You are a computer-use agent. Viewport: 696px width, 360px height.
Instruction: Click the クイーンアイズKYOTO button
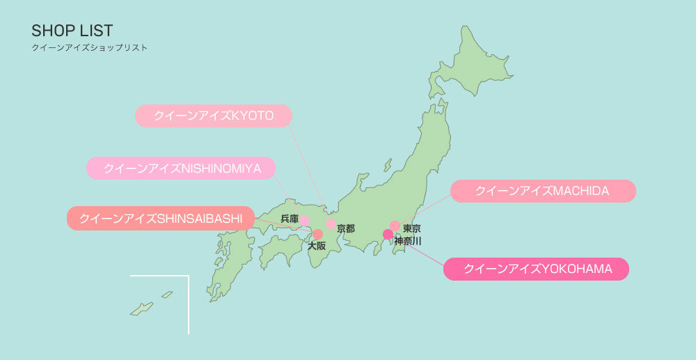tap(213, 116)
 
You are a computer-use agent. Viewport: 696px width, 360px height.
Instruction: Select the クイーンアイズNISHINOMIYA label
tap(181, 169)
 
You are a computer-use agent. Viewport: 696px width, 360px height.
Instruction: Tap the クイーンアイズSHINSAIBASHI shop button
tap(161, 219)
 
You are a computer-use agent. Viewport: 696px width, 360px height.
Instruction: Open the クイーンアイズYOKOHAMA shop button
tap(535, 269)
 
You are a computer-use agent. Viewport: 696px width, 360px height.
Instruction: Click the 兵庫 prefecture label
tap(289, 219)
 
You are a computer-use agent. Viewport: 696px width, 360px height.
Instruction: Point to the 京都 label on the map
tap(346, 228)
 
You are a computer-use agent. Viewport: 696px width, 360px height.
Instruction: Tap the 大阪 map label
tap(317, 246)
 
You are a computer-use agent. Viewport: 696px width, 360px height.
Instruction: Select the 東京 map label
tap(411, 228)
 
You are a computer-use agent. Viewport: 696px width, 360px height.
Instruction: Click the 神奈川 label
tap(408, 241)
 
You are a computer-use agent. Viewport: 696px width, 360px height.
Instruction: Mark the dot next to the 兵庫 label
tap(305, 221)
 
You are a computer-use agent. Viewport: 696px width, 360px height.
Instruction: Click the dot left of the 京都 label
tap(331, 224)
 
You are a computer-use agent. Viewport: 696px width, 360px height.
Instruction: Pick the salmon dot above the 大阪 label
tap(317, 235)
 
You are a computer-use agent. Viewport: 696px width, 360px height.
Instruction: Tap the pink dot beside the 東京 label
tap(395, 226)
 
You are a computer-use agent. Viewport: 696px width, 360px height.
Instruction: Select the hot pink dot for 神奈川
tap(388, 235)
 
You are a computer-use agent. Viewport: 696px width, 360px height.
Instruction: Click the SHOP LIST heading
tap(72, 31)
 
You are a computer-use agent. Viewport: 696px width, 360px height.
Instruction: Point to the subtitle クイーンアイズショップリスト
tap(89, 49)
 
